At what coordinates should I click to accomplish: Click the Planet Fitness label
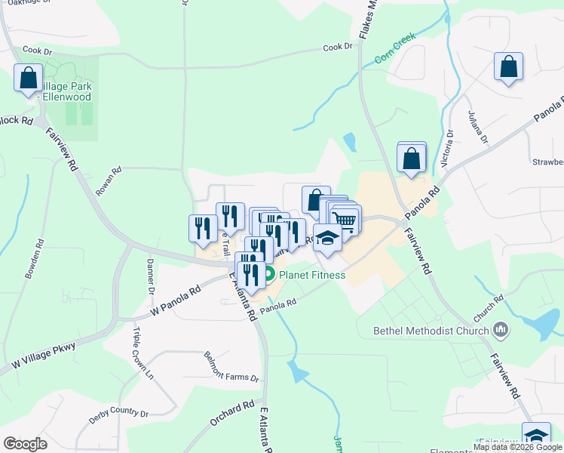click(x=312, y=275)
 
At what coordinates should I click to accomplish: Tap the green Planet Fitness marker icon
click(x=269, y=275)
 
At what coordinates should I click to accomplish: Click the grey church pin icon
click(x=499, y=329)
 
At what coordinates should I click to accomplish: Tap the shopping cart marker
click(x=345, y=220)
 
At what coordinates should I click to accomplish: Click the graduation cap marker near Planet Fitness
click(x=327, y=239)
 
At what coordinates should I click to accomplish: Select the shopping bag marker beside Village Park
click(x=29, y=77)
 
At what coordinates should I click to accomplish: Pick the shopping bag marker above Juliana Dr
click(x=509, y=66)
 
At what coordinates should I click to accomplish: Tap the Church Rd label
click(x=489, y=307)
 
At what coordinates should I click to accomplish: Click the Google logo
click(x=26, y=443)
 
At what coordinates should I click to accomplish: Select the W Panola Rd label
click(x=176, y=300)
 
